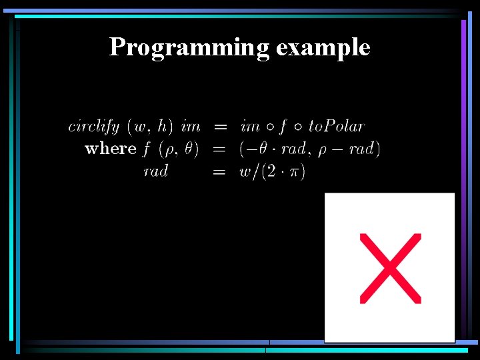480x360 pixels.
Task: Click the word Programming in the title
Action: [189, 47]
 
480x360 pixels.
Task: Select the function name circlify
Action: [93, 126]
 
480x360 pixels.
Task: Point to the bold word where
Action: [111, 148]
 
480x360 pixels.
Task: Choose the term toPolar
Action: [337, 126]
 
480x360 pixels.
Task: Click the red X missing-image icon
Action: [390, 268]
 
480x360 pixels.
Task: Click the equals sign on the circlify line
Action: [219, 127]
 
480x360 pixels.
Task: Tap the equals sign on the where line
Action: [219, 149]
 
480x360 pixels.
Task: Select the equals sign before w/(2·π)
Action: [219, 172]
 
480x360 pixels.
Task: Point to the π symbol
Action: [293, 172]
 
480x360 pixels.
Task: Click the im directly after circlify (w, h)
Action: [191, 126]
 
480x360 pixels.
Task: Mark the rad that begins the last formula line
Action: [156, 171]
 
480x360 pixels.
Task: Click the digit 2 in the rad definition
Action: [271, 172]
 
